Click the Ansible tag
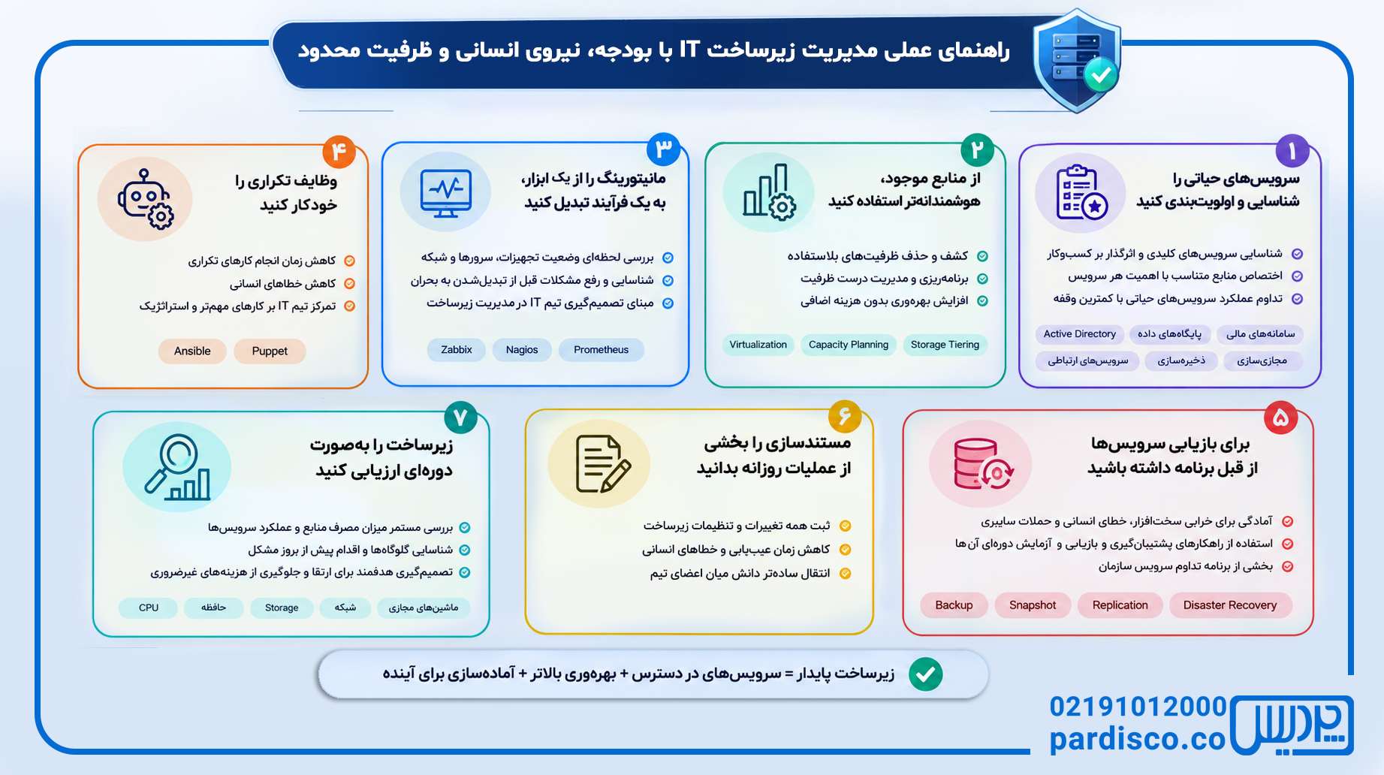192,351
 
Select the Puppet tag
270,351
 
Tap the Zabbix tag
457,350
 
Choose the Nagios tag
522,350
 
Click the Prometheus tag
602,350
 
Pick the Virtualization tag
758,345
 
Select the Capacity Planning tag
849,345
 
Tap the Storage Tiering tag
945,345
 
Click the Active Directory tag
1080,334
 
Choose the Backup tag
954,605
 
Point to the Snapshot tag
1033,605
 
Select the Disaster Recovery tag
1230,605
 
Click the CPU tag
149,608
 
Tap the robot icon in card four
145,198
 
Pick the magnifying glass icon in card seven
178,467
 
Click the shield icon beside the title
1077,60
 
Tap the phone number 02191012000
1138,707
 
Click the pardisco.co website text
1138,740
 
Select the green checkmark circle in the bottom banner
926,674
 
